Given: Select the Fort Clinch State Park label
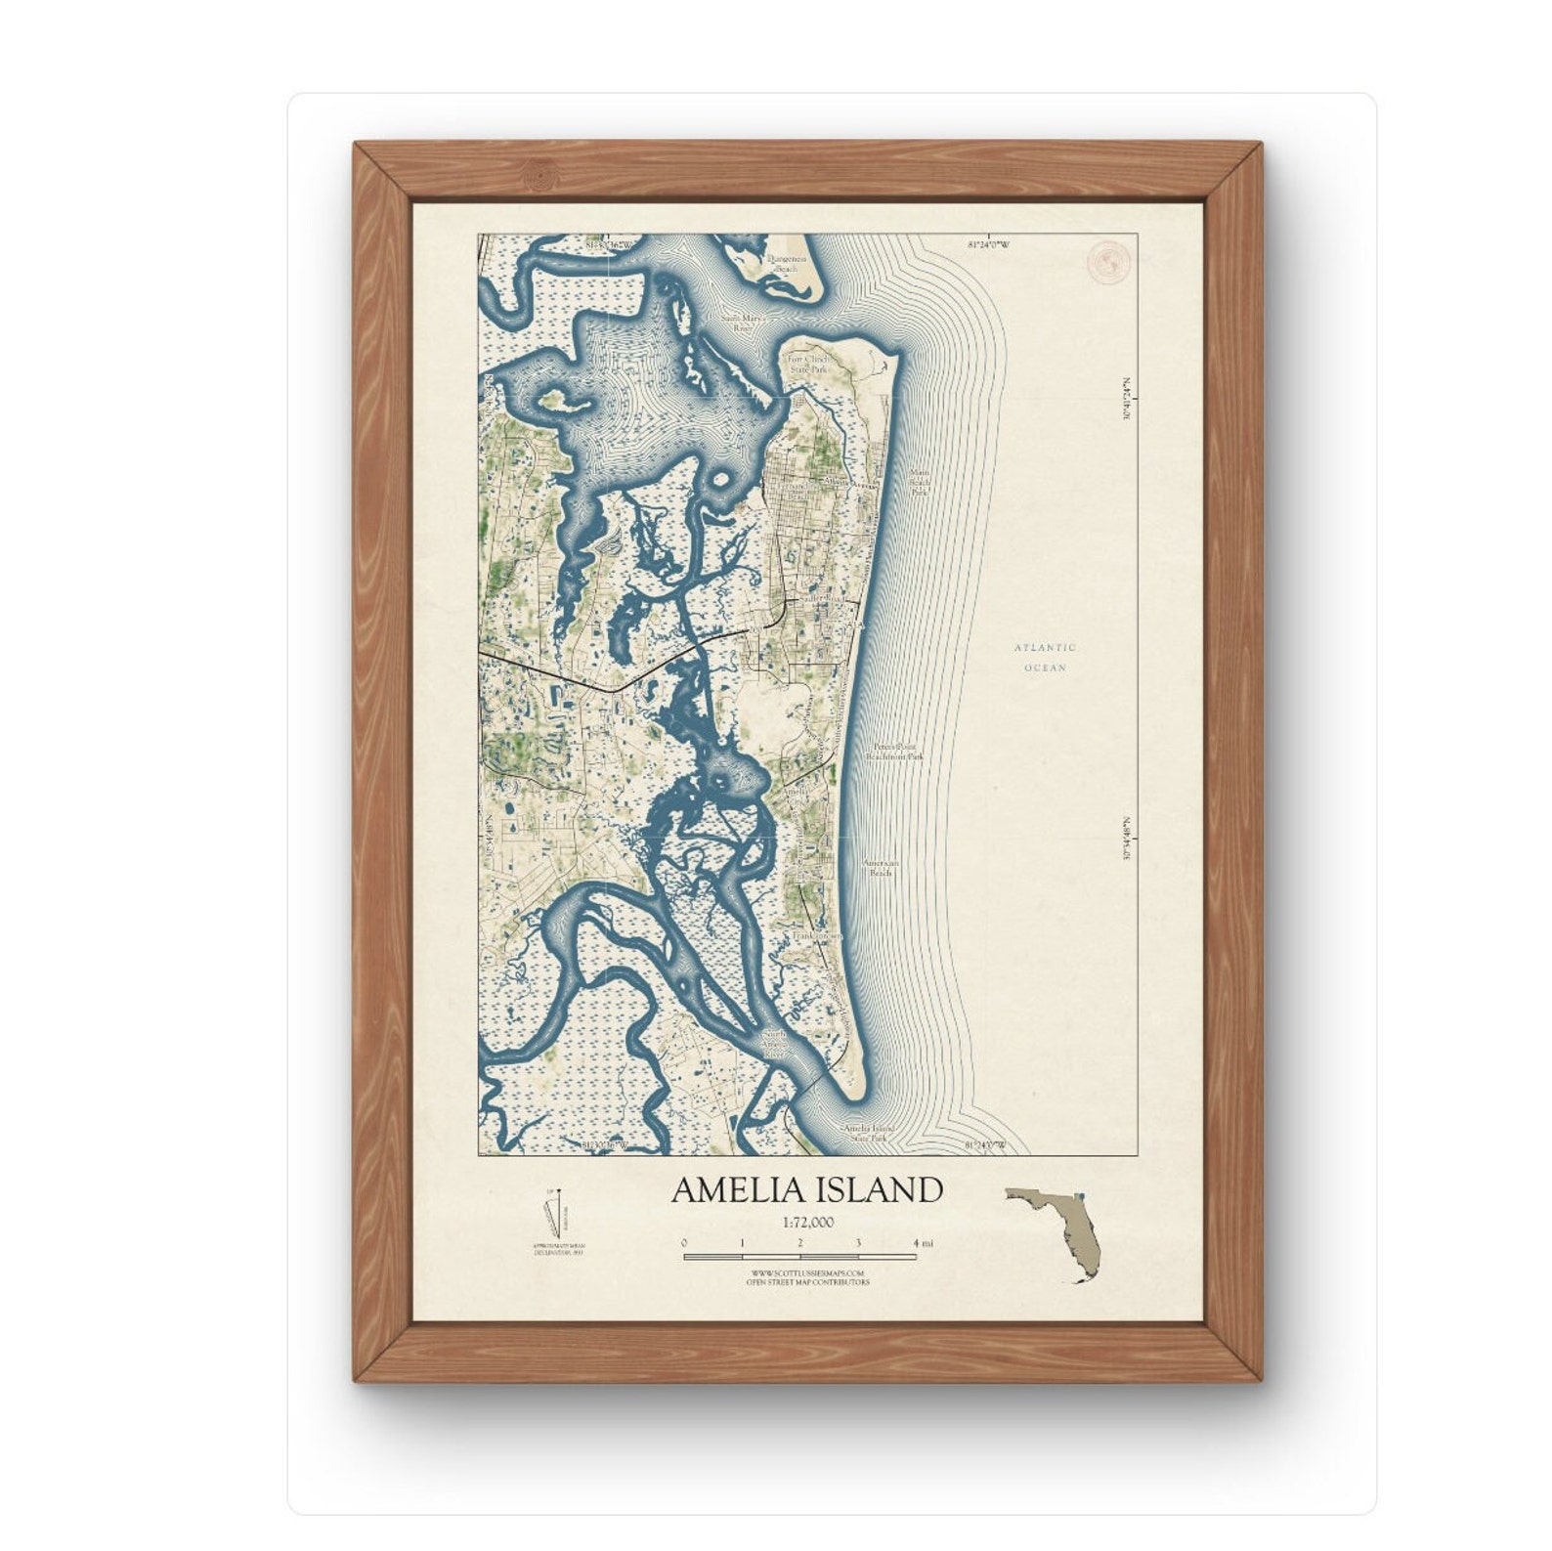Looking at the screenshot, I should click(x=807, y=366).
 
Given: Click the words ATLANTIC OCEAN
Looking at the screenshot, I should click(x=1045, y=657).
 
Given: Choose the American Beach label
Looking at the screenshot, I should click(x=881, y=868).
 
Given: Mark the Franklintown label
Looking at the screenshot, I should click(x=816, y=935).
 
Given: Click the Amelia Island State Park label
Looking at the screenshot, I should click(x=869, y=1132).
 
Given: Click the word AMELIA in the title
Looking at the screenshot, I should click(x=731, y=1189).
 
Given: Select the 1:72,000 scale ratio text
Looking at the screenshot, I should click(x=807, y=1222).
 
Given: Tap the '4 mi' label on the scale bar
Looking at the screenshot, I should click(x=923, y=1243).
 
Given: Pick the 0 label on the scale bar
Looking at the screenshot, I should click(x=684, y=1243).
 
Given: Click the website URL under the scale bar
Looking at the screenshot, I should click(x=807, y=1273).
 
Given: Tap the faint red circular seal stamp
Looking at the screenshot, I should click(x=1108, y=262).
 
